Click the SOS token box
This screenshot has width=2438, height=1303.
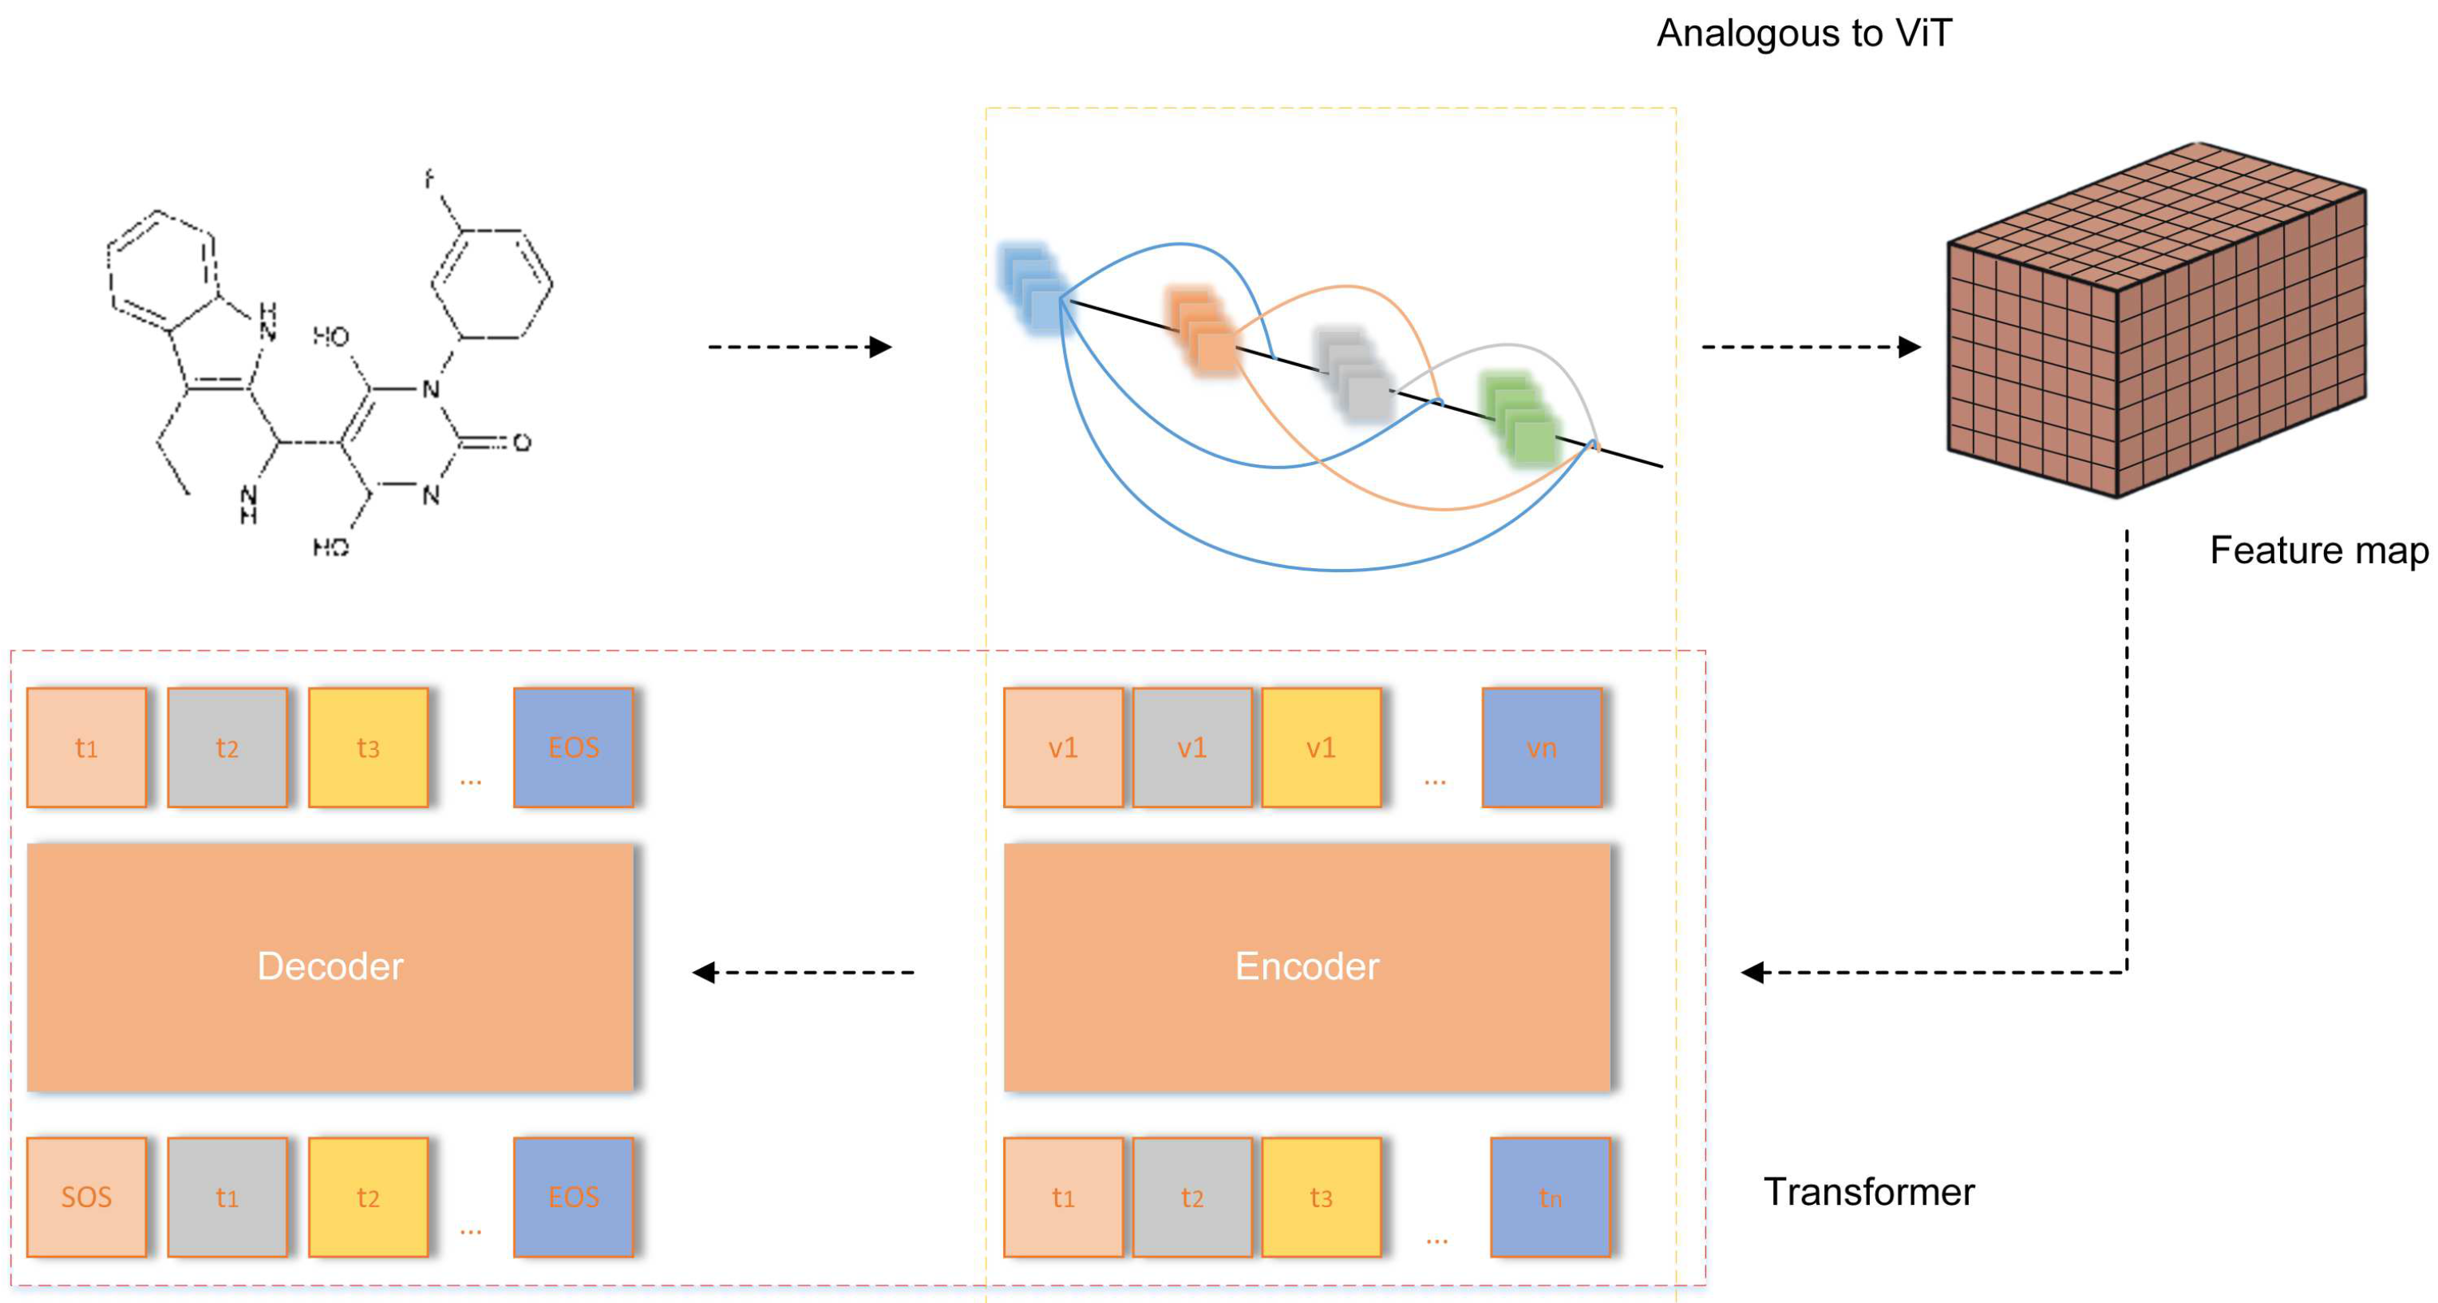pos(86,1196)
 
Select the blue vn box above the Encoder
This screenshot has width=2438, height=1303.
pos(1541,747)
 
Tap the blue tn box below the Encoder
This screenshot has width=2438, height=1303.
pos(1549,1196)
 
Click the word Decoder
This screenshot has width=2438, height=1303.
pos(330,966)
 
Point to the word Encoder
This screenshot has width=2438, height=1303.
pos(1306,966)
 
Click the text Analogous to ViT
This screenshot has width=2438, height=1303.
pos(1803,34)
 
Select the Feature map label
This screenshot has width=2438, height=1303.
pos(2317,551)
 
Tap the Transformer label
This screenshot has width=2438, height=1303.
pos(1868,1192)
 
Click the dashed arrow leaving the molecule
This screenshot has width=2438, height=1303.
pos(800,347)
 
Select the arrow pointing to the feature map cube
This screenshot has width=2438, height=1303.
pos(1811,347)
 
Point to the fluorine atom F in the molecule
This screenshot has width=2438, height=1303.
pos(429,178)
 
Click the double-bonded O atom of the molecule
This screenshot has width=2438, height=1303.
pos(521,442)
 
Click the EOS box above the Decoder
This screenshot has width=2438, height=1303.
pos(572,747)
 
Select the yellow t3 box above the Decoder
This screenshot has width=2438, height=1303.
pos(368,747)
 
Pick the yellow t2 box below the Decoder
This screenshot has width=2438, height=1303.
pos(368,1196)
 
